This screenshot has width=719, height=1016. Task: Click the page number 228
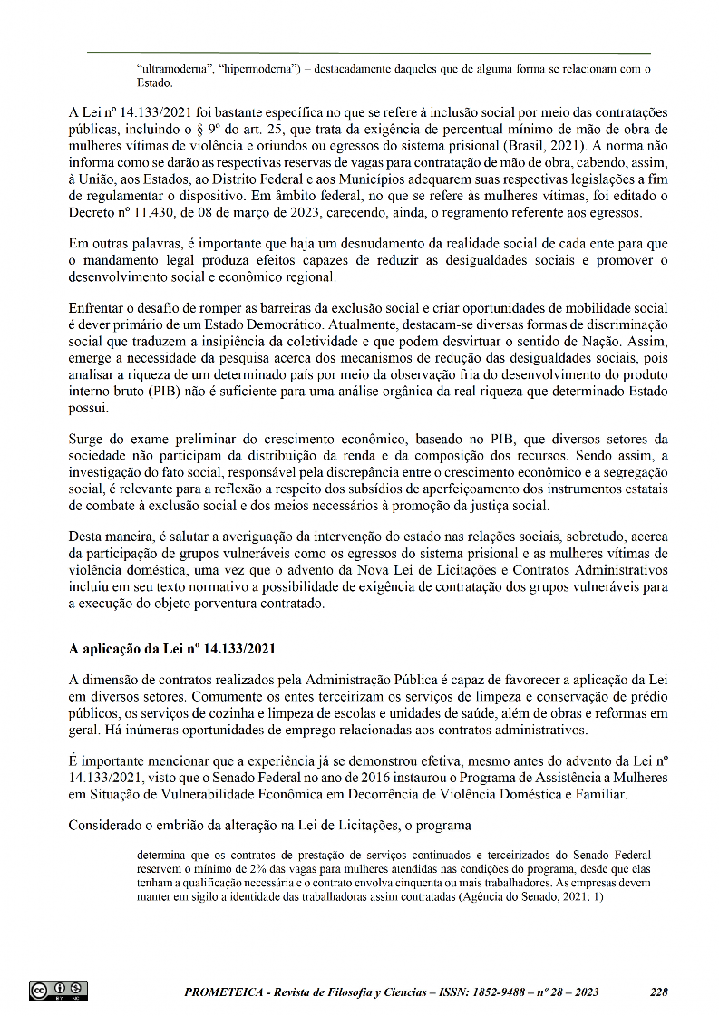659,992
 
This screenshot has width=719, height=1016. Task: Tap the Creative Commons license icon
58,991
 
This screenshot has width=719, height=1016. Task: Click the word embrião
181,825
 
